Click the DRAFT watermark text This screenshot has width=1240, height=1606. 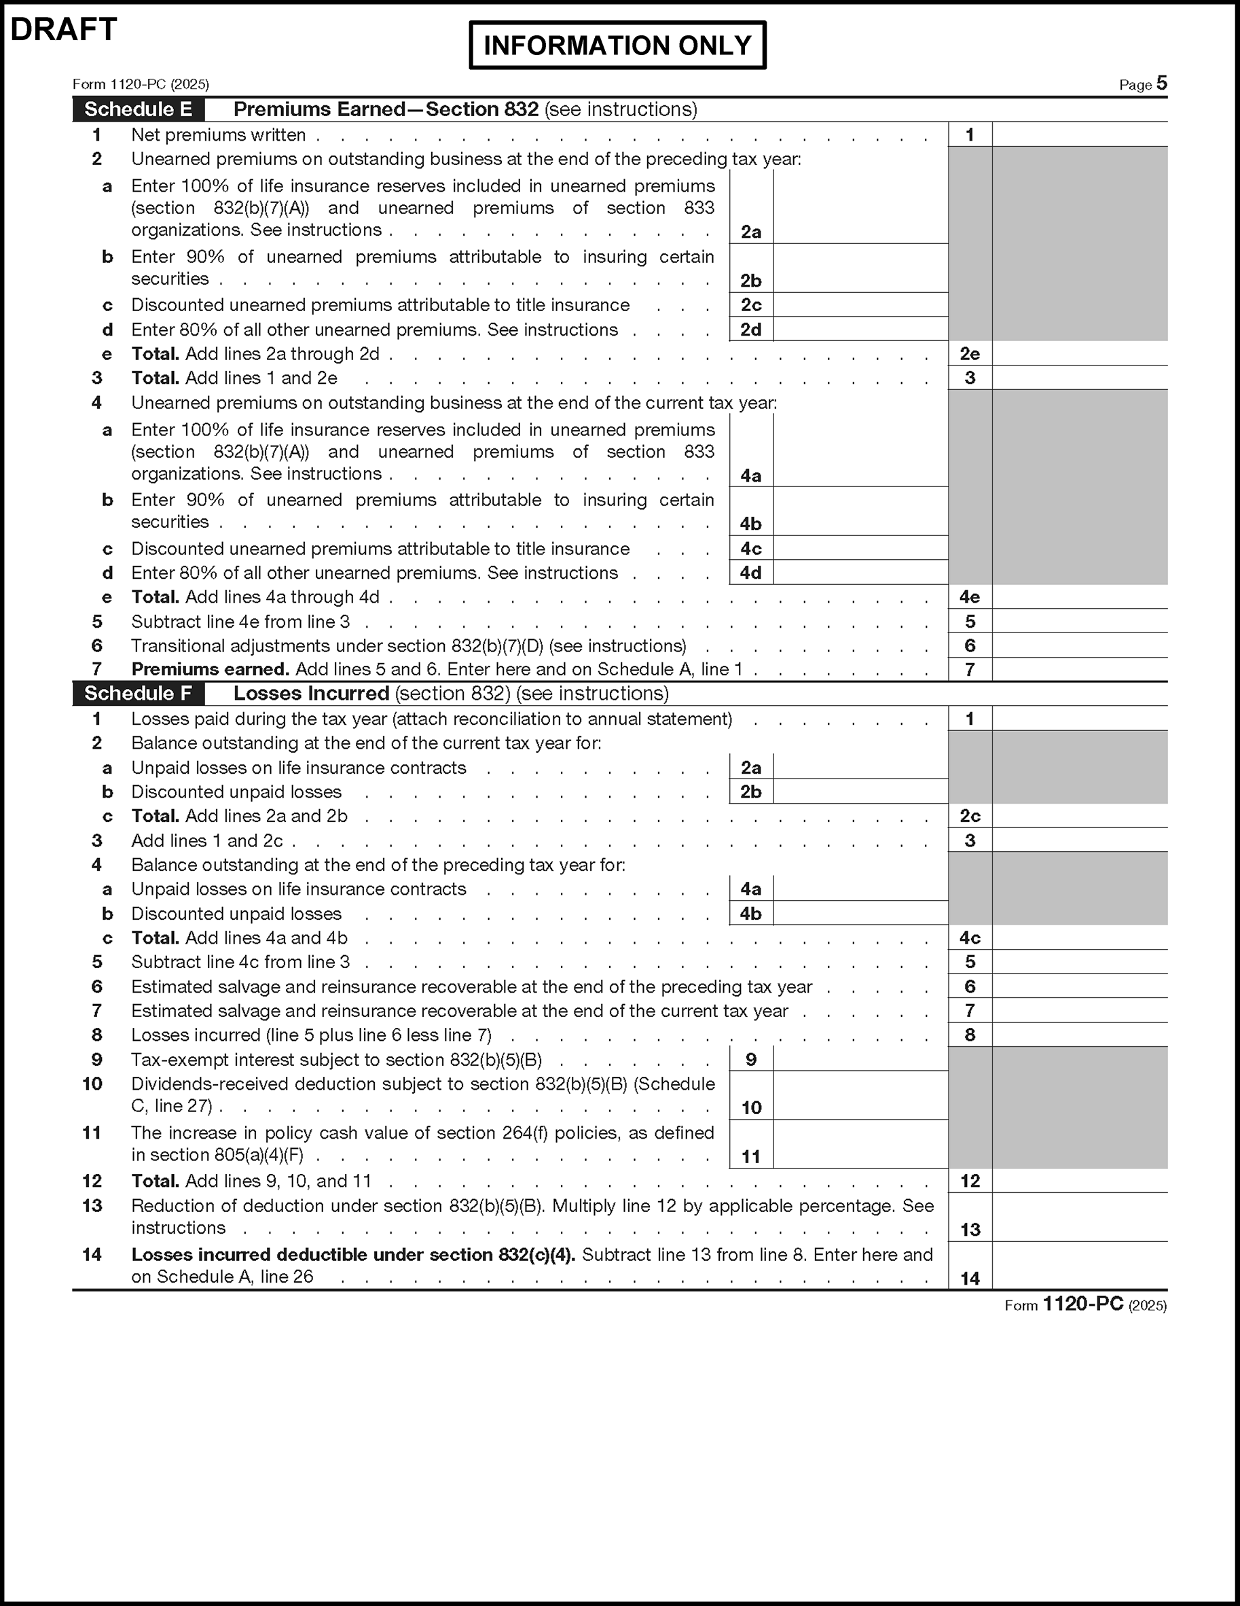(x=64, y=30)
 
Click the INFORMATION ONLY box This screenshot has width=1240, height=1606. (x=617, y=46)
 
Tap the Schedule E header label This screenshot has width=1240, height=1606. (x=138, y=109)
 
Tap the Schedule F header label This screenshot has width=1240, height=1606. (x=138, y=694)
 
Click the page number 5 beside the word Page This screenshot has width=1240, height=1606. (x=1161, y=83)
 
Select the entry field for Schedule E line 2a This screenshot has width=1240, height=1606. (x=860, y=207)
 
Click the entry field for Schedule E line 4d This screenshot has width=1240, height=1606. (x=860, y=573)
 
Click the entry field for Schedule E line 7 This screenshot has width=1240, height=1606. (x=1079, y=670)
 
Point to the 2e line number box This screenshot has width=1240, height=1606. (x=970, y=355)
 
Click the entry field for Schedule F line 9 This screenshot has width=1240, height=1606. (x=860, y=1060)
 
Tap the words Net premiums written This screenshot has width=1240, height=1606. (x=218, y=135)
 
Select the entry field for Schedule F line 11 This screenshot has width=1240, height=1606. (x=860, y=1145)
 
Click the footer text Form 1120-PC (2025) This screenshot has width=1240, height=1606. (x=1085, y=1304)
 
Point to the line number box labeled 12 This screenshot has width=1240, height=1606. (x=970, y=1181)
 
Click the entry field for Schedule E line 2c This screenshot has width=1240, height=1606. (x=860, y=305)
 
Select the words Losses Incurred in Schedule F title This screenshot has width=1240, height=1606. (x=311, y=694)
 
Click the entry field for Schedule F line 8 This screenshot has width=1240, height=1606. (x=1079, y=1035)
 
